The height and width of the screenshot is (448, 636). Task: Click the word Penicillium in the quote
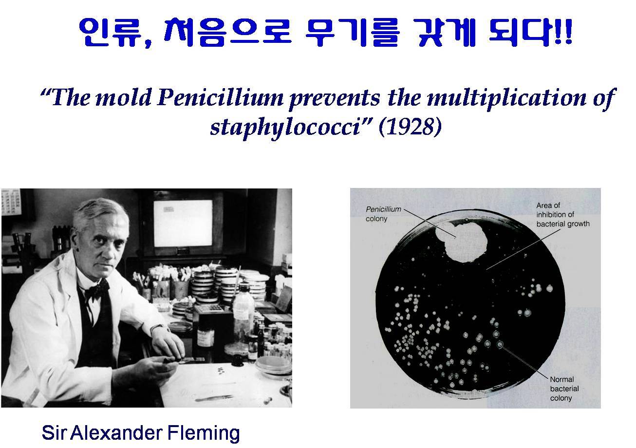[220, 97]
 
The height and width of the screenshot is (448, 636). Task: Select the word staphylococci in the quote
[287, 128]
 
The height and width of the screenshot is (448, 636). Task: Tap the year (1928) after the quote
[410, 127]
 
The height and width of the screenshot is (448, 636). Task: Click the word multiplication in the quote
[506, 98]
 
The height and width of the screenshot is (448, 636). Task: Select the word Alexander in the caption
[116, 433]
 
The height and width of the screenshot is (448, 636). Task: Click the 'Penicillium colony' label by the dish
[384, 214]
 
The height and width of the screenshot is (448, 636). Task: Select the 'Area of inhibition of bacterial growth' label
[563, 214]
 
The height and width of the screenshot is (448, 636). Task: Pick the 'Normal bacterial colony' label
[564, 389]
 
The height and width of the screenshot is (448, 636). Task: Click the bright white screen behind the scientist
[183, 223]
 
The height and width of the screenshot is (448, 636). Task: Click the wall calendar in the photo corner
[11, 202]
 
